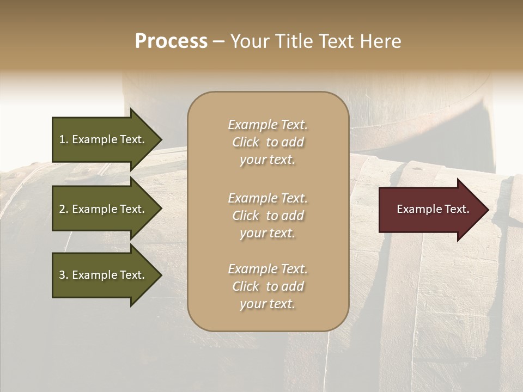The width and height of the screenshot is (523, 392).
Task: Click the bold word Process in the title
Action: click(171, 41)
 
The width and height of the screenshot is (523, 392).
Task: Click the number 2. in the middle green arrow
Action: click(64, 209)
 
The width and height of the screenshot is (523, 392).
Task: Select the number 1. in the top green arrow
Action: click(63, 139)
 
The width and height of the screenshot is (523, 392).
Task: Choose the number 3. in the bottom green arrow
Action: click(64, 275)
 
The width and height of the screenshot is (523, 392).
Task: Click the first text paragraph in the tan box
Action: click(267, 142)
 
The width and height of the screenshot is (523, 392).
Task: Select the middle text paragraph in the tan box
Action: click(267, 216)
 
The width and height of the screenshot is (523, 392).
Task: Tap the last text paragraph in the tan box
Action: click(267, 286)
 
